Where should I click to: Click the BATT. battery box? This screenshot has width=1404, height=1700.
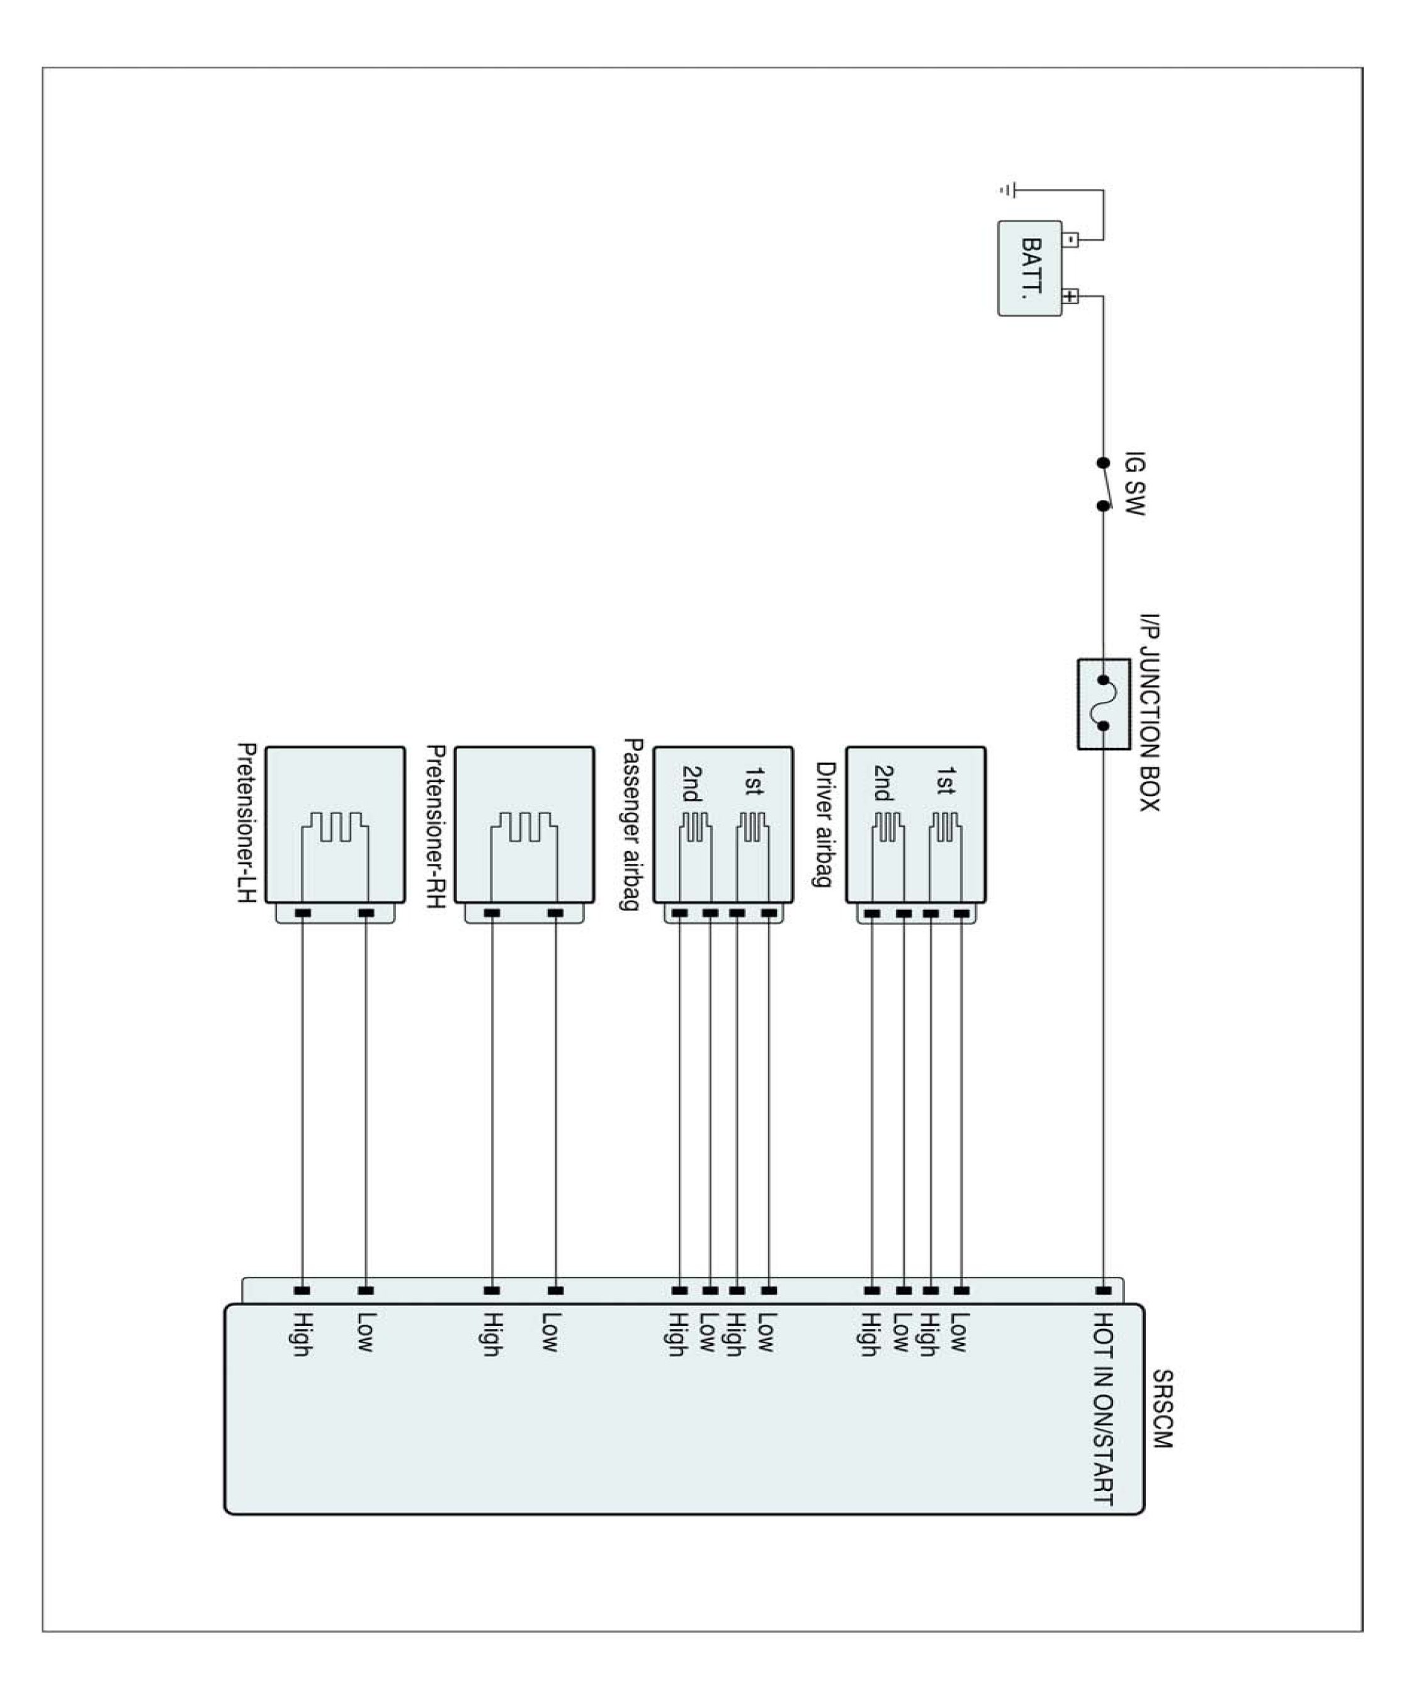[x=1029, y=268]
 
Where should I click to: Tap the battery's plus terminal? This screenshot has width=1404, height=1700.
[x=1069, y=296]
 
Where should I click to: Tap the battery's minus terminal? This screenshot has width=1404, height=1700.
[x=1069, y=239]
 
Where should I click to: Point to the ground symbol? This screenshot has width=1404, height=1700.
[x=1006, y=191]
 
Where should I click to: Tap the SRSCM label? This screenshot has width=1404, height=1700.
[x=1162, y=1409]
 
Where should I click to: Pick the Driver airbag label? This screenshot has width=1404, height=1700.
[x=824, y=824]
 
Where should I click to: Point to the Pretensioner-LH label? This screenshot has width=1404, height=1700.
[x=247, y=824]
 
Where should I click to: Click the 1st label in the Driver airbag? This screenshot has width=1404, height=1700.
[x=944, y=781]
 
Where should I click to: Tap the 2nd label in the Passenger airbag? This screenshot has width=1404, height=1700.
[x=693, y=783]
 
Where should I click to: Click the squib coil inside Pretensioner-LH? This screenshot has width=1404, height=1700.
[x=335, y=827]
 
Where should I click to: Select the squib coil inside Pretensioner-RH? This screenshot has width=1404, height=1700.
[x=524, y=827]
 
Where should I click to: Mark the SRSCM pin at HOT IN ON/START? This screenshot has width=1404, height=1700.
[x=1103, y=1291]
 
